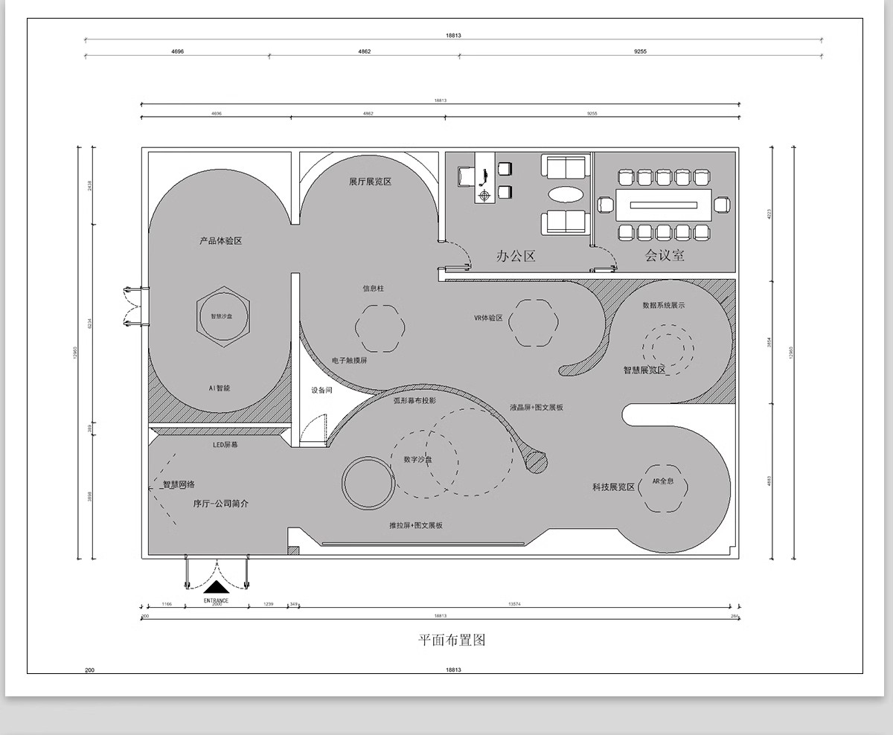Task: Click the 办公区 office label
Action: click(x=516, y=257)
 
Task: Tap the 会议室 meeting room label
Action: click(x=665, y=256)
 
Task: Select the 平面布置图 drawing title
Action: click(x=452, y=640)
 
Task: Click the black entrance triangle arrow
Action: click(x=216, y=587)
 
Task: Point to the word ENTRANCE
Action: click(x=216, y=600)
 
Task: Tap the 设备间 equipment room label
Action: click(x=321, y=391)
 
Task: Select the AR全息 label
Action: click(x=663, y=481)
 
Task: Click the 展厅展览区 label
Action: click(x=370, y=182)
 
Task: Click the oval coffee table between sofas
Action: click(x=567, y=195)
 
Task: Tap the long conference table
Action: click(x=664, y=205)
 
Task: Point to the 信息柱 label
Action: click(x=374, y=288)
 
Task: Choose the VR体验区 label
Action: click(x=488, y=318)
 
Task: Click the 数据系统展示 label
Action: click(x=663, y=305)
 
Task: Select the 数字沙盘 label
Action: click(x=417, y=460)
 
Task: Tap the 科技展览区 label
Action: click(x=613, y=487)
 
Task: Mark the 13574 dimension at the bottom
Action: click(x=514, y=604)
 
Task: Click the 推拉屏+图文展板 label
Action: click(x=415, y=525)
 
